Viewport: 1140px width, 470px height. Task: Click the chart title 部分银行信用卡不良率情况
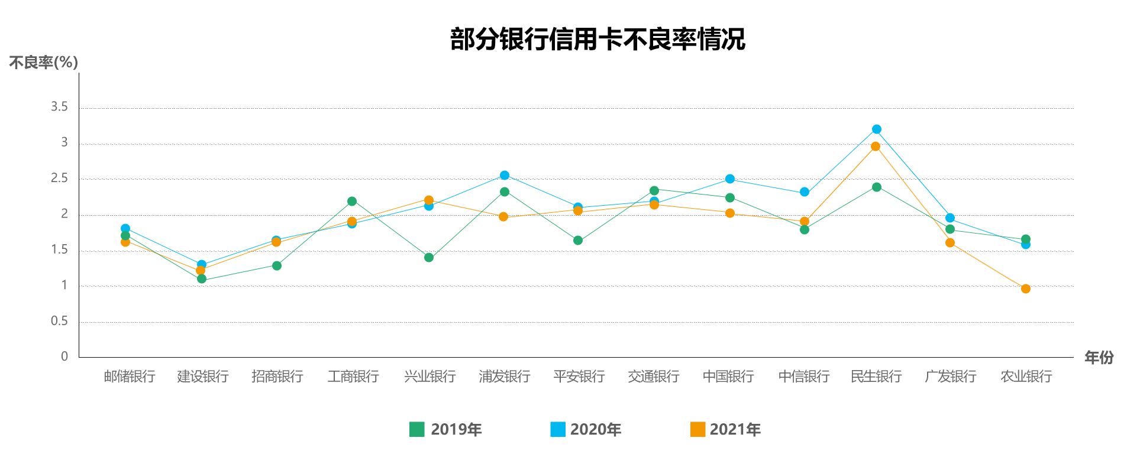point(598,40)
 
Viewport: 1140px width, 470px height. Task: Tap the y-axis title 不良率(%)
point(44,62)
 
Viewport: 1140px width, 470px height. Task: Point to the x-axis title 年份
point(1099,357)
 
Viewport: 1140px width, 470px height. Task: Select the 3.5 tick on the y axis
point(59,107)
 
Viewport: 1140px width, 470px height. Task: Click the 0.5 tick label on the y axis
point(59,321)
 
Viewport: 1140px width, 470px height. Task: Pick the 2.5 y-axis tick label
point(59,179)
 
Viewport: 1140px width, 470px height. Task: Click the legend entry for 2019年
point(446,429)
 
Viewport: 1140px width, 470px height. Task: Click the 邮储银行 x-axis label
point(130,377)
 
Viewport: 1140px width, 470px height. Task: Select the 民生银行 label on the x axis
point(876,377)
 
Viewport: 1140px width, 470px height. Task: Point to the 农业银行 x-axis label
point(1026,377)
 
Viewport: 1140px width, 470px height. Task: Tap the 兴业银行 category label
point(430,377)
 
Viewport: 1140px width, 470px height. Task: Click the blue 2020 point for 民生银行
point(877,129)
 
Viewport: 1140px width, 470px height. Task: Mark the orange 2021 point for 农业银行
point(1026,289)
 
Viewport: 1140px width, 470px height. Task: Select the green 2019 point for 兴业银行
point(429,258)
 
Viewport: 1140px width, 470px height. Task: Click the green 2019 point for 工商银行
point(352,202)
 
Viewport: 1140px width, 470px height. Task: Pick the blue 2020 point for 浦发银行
point(505,176)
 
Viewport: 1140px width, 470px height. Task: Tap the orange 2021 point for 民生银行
point(876,147)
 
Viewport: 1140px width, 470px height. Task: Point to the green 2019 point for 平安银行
point(578,241)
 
